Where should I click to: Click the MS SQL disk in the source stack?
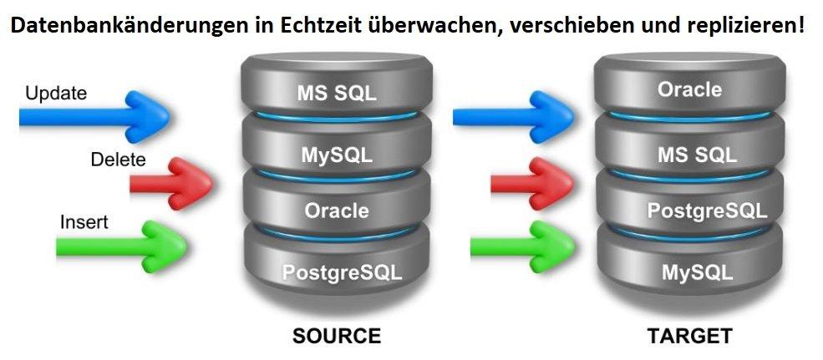point(336,92)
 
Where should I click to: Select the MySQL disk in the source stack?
point(336,154)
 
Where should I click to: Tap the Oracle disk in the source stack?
point(336,210)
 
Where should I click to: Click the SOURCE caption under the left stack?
point(336,337)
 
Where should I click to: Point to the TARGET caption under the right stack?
point(690,337)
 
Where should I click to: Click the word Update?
point(56,93)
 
